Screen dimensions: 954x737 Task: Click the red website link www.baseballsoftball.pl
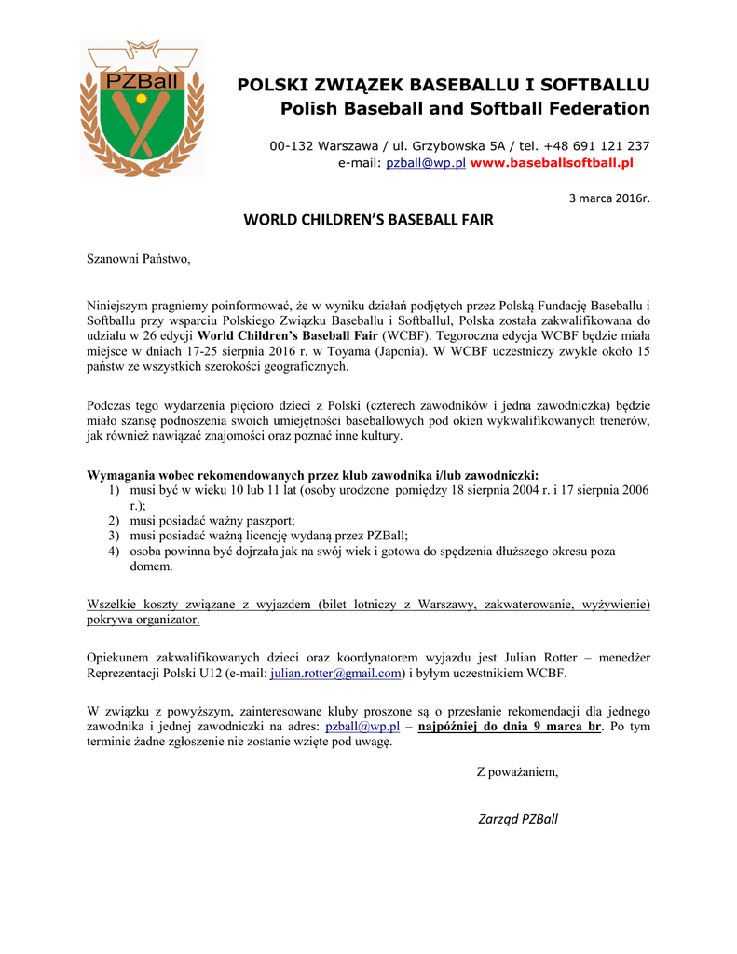[x=552, y=163]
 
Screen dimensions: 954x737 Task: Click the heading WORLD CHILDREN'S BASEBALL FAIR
[x=368, y=221]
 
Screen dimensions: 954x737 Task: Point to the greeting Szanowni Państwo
[x=138, y=258]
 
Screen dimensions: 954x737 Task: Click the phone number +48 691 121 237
[x=598, y=145]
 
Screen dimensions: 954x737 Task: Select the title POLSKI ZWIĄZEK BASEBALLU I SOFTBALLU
[x=444, y=85]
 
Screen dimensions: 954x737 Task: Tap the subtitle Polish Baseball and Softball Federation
[x=465, y=109]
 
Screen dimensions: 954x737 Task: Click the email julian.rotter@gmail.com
[x=336, y=673]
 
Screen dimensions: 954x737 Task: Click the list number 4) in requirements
[x=113, y=551]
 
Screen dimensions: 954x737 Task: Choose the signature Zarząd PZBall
[x=517, y=819]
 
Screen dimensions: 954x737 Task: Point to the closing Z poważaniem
[x=517, y=771]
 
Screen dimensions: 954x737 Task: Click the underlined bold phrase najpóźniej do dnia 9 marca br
[x=510, y=727]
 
